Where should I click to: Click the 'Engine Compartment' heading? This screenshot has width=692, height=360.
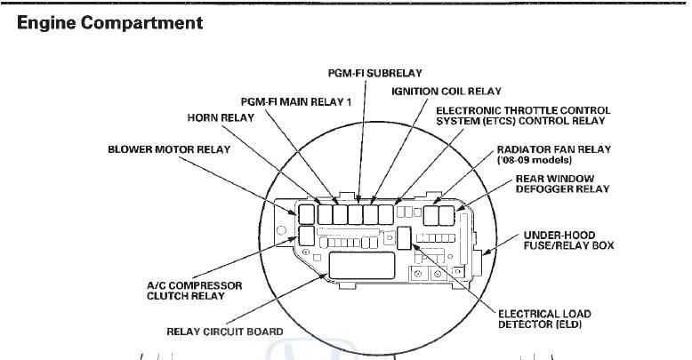point(110,23)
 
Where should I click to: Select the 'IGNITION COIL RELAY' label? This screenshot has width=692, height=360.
point(447,92)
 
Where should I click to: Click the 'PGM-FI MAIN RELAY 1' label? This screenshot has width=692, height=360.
point(296,102)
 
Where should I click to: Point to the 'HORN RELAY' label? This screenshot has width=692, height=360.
point(221,117)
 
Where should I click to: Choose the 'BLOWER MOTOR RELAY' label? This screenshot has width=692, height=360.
point(169,149)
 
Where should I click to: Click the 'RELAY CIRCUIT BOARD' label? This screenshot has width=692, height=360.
point(225,332)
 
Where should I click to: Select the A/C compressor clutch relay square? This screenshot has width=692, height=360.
point(306,235)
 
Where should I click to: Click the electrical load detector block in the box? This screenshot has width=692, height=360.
point(403,237)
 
